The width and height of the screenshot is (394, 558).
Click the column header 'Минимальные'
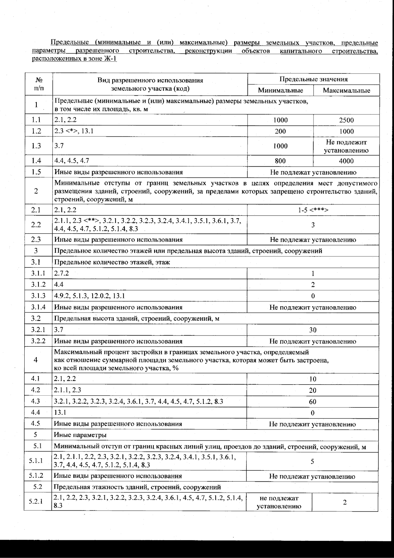(280, 90)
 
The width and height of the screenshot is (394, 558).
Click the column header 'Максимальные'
(346, 91)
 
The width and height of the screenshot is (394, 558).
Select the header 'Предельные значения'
(313, 79)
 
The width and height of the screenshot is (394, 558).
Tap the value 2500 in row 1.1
(346, 120)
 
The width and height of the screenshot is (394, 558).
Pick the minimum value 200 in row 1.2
(280, 131)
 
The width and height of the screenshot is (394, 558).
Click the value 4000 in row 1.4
(346, 161)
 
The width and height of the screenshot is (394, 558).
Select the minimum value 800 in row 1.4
(280, 161)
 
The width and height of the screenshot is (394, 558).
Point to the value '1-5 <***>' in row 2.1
(313, 210)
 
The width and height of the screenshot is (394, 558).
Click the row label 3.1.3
(38, 296)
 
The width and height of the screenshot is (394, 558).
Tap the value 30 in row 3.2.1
(313, 330)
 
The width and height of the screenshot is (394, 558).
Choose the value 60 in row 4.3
(313, 402)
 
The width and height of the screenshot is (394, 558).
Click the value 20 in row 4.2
(313, 390)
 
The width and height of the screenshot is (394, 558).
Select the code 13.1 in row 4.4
(60, 412)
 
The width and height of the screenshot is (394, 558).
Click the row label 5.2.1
(36, 502)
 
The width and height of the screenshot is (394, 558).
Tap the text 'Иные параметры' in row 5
(80, 435)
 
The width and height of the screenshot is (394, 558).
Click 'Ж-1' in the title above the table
(110, 59)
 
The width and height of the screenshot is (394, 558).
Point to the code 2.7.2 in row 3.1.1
(62, 273)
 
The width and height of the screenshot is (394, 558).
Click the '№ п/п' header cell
(39, 84)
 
